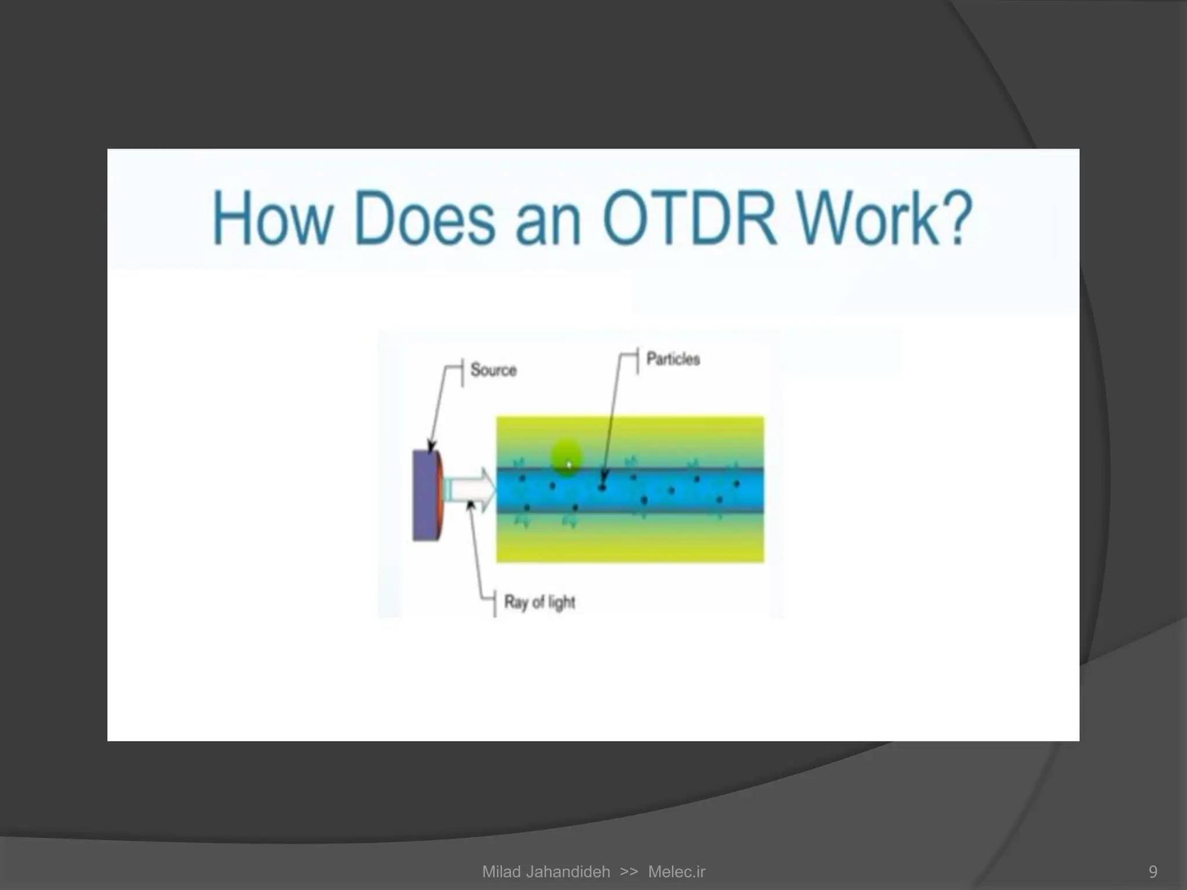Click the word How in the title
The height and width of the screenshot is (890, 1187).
(x=272, y=219)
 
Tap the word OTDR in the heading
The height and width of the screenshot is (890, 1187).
(x=689, y=219)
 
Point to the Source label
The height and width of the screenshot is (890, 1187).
(x=493, y=370)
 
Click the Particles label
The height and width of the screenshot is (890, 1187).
(x=673, y=359)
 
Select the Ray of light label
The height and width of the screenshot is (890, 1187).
(x=540, y=602)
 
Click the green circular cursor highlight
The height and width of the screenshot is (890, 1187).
(x=566, y=456)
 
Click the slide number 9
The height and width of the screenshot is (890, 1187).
(x=1152, y=871)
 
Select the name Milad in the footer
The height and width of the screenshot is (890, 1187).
(x=502, y=871)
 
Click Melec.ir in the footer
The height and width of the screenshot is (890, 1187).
(x=676, y=871)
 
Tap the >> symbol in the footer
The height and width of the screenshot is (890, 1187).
(x=628, y=871)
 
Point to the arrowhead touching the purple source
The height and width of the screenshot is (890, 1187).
(x=431, y=447)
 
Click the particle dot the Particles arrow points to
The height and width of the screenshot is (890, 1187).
(x=602, y=487)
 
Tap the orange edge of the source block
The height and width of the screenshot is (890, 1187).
(x=442, y=495)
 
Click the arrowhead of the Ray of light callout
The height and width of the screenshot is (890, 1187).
(x=471, y=505)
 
